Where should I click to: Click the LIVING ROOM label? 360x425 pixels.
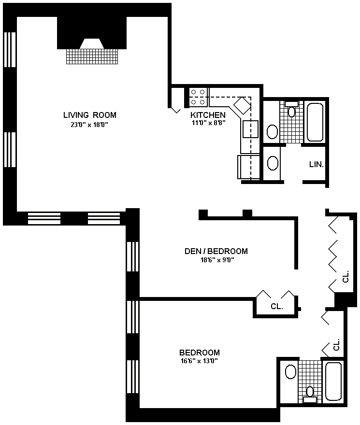90,115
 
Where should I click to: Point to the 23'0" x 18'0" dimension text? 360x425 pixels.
89,125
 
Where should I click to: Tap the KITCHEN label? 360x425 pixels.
208,115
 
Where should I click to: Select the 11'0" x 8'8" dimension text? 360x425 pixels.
209,123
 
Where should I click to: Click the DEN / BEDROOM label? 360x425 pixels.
216,251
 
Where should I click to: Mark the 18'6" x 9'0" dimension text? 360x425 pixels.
217,260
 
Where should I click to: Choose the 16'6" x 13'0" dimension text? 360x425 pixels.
200,361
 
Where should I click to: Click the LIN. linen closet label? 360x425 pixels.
317,164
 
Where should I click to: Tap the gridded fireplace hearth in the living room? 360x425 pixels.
92,57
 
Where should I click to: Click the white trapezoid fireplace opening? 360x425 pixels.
92,43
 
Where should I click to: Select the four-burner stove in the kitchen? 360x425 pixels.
198,97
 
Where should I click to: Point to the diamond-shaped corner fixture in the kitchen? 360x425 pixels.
242,105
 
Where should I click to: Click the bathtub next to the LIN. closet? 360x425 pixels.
315,122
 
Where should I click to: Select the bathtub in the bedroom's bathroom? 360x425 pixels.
333,381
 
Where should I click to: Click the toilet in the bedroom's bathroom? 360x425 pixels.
310,395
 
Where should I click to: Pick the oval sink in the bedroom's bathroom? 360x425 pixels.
290,372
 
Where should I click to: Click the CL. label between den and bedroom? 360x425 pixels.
277,306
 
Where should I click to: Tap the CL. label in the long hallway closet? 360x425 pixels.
346,277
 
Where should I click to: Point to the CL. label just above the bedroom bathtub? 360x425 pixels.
336,344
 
